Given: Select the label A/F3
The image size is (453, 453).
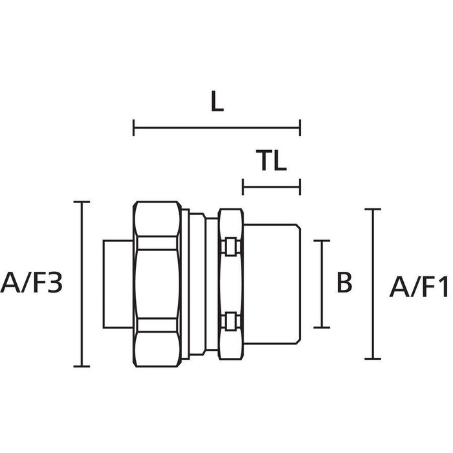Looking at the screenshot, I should tap(32, 283).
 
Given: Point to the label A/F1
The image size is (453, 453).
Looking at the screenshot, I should tap(417, 285).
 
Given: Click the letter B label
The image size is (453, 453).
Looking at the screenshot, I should tap(344, 283).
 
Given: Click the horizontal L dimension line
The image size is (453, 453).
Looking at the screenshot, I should tap(217, 127).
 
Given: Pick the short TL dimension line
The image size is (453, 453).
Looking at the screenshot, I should tap(272, 188).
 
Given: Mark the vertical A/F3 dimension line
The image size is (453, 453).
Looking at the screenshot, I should tap(81, 283).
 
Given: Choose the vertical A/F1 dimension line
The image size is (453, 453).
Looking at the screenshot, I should tap(371, 283).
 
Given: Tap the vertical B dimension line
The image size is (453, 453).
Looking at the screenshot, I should tap(322, 283).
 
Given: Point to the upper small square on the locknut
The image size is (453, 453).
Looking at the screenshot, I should tap(230, 247).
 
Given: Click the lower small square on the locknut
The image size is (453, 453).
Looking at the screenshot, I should tap(230, 320).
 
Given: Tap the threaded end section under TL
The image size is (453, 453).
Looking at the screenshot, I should tap(272, 283).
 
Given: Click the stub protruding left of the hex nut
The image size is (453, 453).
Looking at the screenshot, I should tap(118, 283).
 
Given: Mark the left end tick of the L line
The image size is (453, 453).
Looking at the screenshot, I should tap(133, 127).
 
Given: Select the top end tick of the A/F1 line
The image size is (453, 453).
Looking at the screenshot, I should tap(371, 209).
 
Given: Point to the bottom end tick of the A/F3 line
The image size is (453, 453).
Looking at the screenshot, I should tap(81, 366).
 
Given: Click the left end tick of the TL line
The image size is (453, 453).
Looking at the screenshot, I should tap(243, 188).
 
